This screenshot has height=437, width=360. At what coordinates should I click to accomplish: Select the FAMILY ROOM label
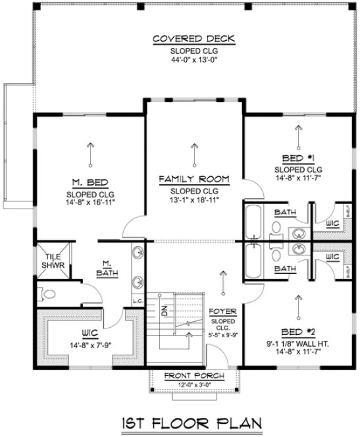point(193,178)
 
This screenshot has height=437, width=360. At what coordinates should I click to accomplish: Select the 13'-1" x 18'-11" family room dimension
point(193,199)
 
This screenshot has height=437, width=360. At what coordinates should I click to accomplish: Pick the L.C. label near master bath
point(137,301)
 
